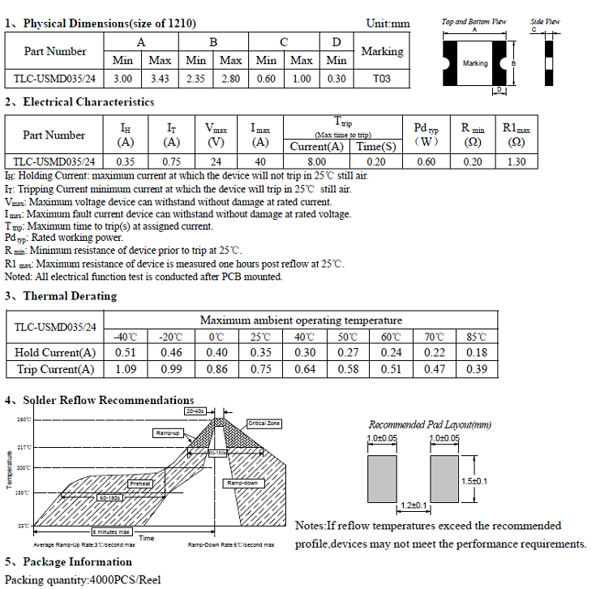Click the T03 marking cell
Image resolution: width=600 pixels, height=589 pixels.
[x=381, y=79]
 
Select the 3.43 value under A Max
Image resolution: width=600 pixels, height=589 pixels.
[x=161, y=79]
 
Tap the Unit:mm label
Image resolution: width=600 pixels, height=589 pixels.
[x=388, y=24]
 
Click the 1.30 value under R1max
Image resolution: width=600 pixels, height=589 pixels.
[x=516, y=161]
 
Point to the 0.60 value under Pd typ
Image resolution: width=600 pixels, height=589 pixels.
[x=426, y=161]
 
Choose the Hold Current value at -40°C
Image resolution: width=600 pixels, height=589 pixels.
[x=126, y=352]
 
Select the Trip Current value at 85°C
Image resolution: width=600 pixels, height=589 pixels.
[x=478, y=369]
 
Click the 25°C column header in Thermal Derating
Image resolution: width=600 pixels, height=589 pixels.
[x=260, y=337]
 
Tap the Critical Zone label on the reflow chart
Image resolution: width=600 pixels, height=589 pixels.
[x=264, y=423]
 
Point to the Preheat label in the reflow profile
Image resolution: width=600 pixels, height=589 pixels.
[x=141, y=484]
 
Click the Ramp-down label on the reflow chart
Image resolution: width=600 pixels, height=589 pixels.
[x=241, y=483]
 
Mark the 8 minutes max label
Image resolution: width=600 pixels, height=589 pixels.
[x=110, y=531]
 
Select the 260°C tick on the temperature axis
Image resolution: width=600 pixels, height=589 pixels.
[x=23, y=419]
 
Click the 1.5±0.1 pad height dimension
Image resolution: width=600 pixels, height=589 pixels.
[x=474, y=481]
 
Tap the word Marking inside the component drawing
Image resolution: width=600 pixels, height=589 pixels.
[x=475, y=63]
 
